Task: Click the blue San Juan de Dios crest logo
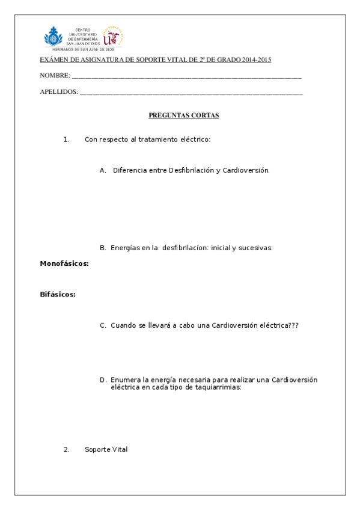pos(53,37)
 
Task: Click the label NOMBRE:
pos(55,76)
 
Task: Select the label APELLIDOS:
pos(59,92)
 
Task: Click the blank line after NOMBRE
pos(186,78)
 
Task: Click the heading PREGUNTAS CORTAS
pos(183,115)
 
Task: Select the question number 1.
pos(67,140)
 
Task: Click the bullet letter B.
pos(103,247)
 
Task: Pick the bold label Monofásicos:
pos(64,263)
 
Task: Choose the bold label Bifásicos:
pos(58,294)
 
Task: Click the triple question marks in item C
pos(293,325)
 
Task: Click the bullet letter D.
pos(103,380)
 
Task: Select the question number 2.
pos(67,449)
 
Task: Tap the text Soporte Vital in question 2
pos(106,449)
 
